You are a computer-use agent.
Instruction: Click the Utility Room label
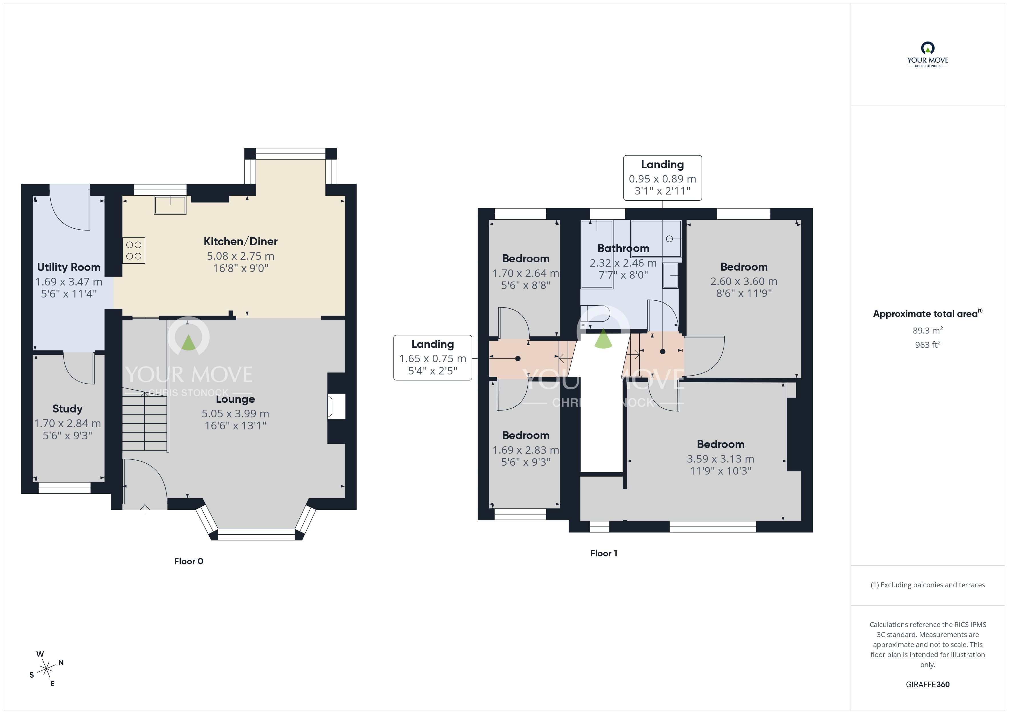click(x=69, y=267)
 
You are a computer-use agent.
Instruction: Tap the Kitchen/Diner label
click(x=241, y=241)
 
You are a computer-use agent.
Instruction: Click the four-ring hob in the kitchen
click(x=134, y=251)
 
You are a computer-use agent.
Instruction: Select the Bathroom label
click(x=623, y=248)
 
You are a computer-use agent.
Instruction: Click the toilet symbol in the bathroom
click(x=595, y=316)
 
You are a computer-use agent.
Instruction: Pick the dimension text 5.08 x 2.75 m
click(x=241, y=256)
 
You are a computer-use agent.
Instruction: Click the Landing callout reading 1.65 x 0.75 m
click(x=432, y=358)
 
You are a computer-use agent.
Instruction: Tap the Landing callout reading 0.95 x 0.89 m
click(x=662, y=178)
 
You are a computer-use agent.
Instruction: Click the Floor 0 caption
click(x=188, y=562)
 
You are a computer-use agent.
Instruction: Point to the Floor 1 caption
click(x=603, y=554)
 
